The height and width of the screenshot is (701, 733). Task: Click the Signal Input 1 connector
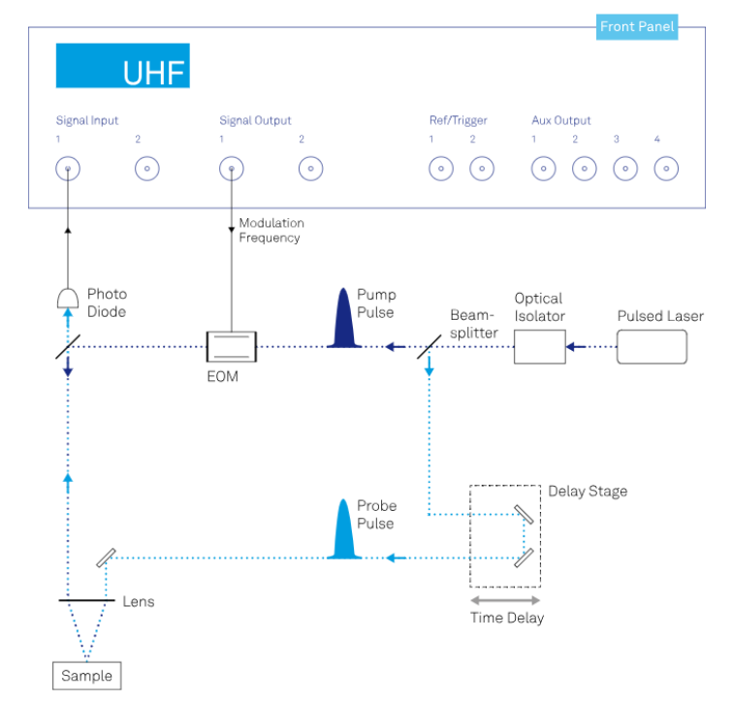click(x=68, y=170)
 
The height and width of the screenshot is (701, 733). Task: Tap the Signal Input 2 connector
click(x=147, y=170)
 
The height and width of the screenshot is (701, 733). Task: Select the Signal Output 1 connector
click(x=231, y=170)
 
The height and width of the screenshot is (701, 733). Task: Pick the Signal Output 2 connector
click(x=311, y=170)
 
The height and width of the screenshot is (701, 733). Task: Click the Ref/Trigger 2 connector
click(x=482, y=170)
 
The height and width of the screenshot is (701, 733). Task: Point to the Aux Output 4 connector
click(x=666, y=170)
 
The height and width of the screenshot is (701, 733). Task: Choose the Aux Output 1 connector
click(x=543, y=170)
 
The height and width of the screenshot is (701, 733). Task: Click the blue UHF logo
click(x=122, y=66)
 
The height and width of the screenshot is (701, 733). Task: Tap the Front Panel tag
click(x=636, y=27)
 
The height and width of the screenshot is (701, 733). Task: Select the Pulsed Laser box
click(x=652, y=346)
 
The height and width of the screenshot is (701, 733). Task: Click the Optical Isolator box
click(x=540, y=346)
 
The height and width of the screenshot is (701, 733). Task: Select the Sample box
click(x=86, y=676)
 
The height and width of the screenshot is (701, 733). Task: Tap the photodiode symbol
click(x=68, y=297)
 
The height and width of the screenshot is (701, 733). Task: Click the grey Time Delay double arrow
click(x=507, y=600)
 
